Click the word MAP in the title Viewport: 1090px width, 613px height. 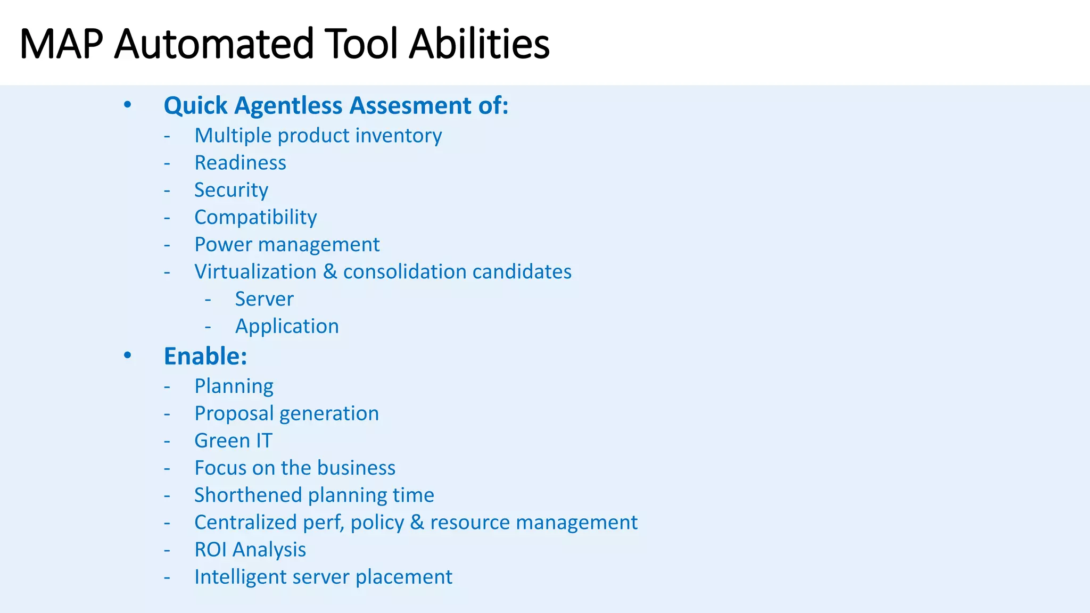pyautogui.click(x=61, y=44)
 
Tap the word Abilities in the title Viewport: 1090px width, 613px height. pyautogui.click(x=479, y=44)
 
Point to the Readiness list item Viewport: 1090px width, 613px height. pyautogui.click(x=240, y=163)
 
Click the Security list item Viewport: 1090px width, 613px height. pyautogui.click(x=231, y=190)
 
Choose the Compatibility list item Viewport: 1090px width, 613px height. pyautogui.click(x=255, y=218)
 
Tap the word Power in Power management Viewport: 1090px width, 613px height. pyautogui.click(x=223, y=245)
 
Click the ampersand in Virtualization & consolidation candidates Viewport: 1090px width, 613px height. pyautogui.click(x=330, y=272)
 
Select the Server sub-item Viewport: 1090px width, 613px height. pyautogui.click(x=264, y=299)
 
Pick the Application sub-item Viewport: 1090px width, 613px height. pyautogui.click(x=287, y=327)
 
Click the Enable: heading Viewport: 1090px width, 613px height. pyautogui.click(x=205, y=357)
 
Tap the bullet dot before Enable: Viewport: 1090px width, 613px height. pyautogui.click(x=127, y=355)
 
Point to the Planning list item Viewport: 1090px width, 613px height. pyautogui.click(x=234, y=386)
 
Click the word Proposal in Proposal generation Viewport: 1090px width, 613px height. pyautogui.click(x=234, y=414)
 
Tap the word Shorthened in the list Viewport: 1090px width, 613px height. pyautogui.click(x=248, y=495)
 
